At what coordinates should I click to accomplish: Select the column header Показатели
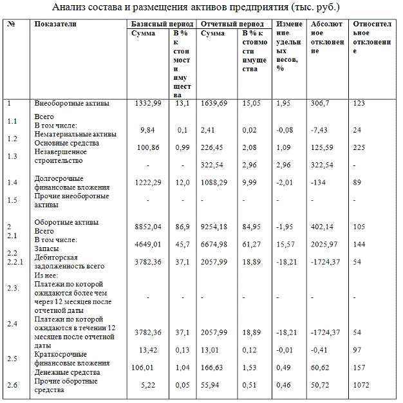click(x=55, y=24)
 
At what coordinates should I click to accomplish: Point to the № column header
click(x=12, y=24)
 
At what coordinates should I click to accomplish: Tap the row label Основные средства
click(x=67, y=142)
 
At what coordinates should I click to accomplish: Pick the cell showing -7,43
click(x=319, y=129)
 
